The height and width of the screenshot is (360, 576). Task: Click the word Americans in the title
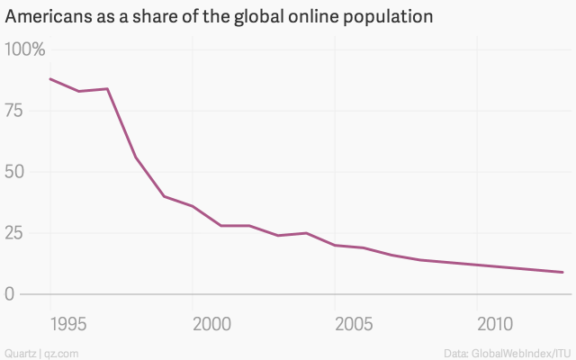coord(46,17)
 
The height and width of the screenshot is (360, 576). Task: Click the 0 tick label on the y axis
coord(11,294)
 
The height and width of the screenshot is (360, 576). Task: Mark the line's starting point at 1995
coord(49,79)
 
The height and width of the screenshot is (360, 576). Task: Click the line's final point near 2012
coord(563,272)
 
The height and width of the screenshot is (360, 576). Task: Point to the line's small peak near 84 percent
coord(107,88)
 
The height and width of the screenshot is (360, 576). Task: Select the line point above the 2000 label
coord(193,206)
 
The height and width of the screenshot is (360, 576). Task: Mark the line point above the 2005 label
coord(335,245)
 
